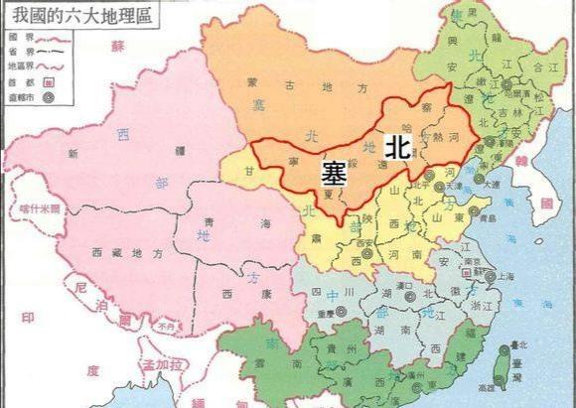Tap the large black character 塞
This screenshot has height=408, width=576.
click(x=334, y=172)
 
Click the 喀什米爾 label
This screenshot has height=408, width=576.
click(x=40, y=209)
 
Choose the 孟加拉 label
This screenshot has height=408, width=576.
click(x=163, y=366)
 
